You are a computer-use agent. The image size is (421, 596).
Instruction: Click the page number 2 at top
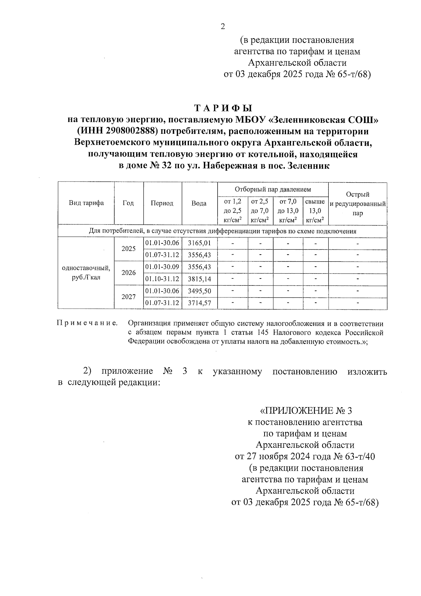tap(222, 27)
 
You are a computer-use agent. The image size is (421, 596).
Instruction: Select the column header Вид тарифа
tap(86, 203)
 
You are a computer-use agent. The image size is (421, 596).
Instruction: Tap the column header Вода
tap(199, 203)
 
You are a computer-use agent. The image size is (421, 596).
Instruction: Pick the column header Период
tap(162, 203)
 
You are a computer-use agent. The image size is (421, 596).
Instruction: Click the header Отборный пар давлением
tap(273, 190)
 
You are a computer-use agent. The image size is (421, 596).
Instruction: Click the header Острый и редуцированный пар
tap(357, 204)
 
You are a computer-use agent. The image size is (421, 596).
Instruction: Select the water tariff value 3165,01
tap(199, 243)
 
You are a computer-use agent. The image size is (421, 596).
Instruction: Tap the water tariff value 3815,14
tap(199, 279)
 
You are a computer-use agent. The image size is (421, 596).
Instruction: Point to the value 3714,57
tap(199, 303)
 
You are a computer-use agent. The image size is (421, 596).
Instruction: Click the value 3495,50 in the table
tap(199, 291)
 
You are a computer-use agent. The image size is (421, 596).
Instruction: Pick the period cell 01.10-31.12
tap(162, 279)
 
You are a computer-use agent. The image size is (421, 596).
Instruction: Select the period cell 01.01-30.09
tap(162, 267)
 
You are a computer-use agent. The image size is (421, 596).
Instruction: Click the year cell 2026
tap(128, 273)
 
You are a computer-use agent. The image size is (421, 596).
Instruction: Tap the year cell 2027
tap(128, 297)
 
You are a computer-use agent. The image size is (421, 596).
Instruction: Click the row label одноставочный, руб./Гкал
tap(86, 273)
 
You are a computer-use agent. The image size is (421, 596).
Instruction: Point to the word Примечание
tap(87, 323)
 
